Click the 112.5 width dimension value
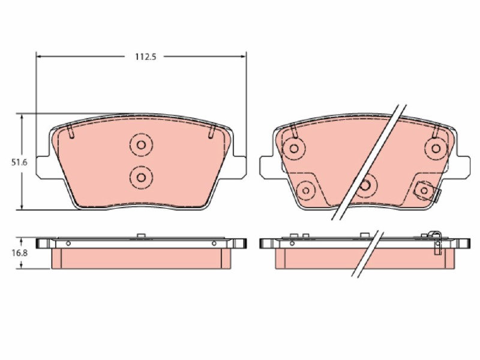(146, 56)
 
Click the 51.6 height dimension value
(19, 163)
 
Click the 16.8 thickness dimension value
(20, 253)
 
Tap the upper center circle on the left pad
(141, 145)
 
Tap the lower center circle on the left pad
(141, 177)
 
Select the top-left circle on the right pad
(294, 149)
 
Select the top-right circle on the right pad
(436, 149)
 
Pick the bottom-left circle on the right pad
(306, 190)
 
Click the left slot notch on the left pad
(70, 131)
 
